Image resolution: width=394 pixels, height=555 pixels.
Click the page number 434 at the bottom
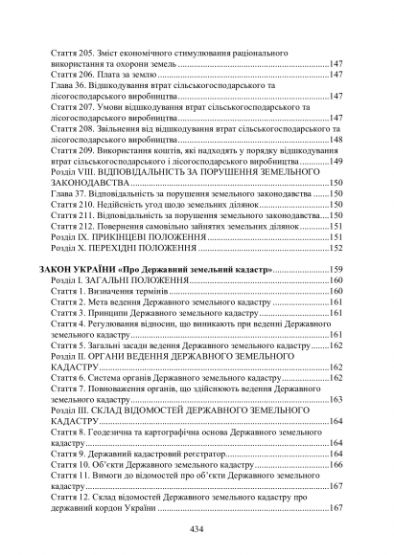(x=197, y=530)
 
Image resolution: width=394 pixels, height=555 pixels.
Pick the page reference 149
(x=336, y=162)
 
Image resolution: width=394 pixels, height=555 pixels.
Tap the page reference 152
(x=336, y=247)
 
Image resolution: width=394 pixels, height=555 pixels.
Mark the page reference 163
(x=336, y=399)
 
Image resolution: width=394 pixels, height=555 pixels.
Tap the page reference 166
(x=336, y=464)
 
